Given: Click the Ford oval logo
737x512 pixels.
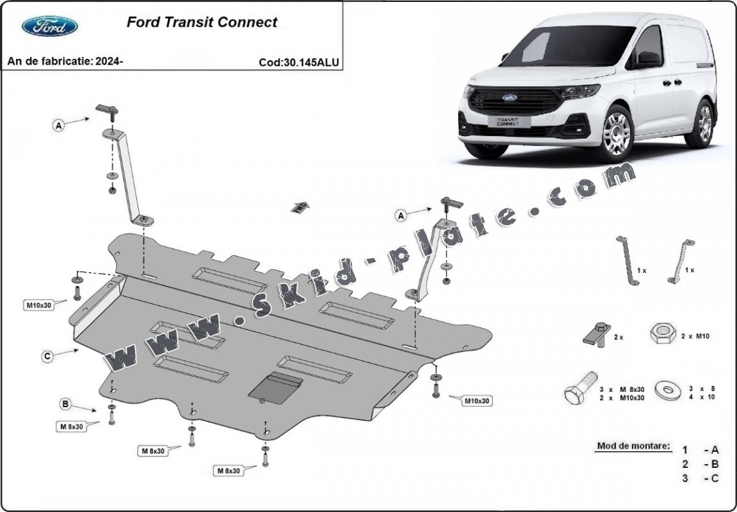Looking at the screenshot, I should tap(50, 26).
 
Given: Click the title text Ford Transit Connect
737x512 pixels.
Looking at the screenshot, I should tap(202, 22).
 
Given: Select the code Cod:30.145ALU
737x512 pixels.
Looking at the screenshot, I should tap(299, 63).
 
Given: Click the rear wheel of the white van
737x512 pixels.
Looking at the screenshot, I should tap(704, 123).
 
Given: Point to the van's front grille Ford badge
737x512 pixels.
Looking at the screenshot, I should tap(509, 98).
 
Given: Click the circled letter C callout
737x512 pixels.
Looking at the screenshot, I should tap(47, 357).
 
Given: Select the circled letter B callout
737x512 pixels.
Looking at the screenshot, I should tap(65, 404).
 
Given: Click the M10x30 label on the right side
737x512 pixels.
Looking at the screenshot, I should tap(477, 401).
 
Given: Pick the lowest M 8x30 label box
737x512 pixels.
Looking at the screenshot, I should tap(228, 470).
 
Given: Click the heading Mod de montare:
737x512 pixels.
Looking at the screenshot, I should tap(633, 446).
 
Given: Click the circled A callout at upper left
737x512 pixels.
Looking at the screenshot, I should tap(59, 126).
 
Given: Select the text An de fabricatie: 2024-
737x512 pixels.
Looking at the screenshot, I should tap(65, 61).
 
